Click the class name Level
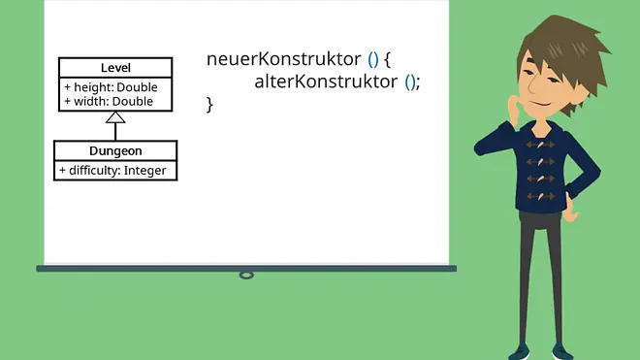115,68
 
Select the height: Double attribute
111,87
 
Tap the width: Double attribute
109,101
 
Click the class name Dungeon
115,150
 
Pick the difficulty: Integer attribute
112,171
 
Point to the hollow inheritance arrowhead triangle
115,117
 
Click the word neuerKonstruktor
284,59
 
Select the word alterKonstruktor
326,82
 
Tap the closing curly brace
209,105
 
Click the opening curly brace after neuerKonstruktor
387,59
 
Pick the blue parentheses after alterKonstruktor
410,82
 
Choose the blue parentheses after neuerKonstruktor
373,59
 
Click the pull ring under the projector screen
246,276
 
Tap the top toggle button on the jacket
540,145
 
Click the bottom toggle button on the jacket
540,197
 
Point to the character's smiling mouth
543,103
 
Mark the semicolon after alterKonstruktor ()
418,83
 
